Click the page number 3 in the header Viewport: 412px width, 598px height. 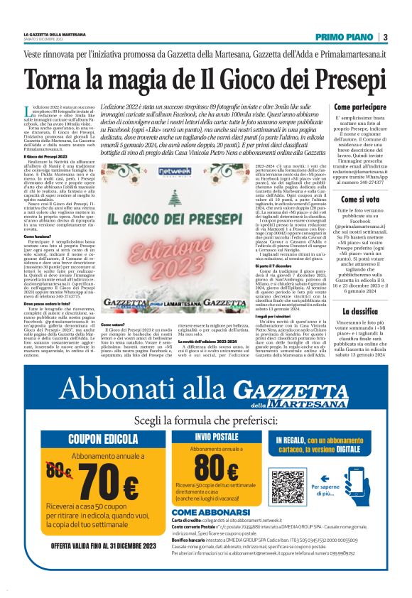(384, 37)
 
